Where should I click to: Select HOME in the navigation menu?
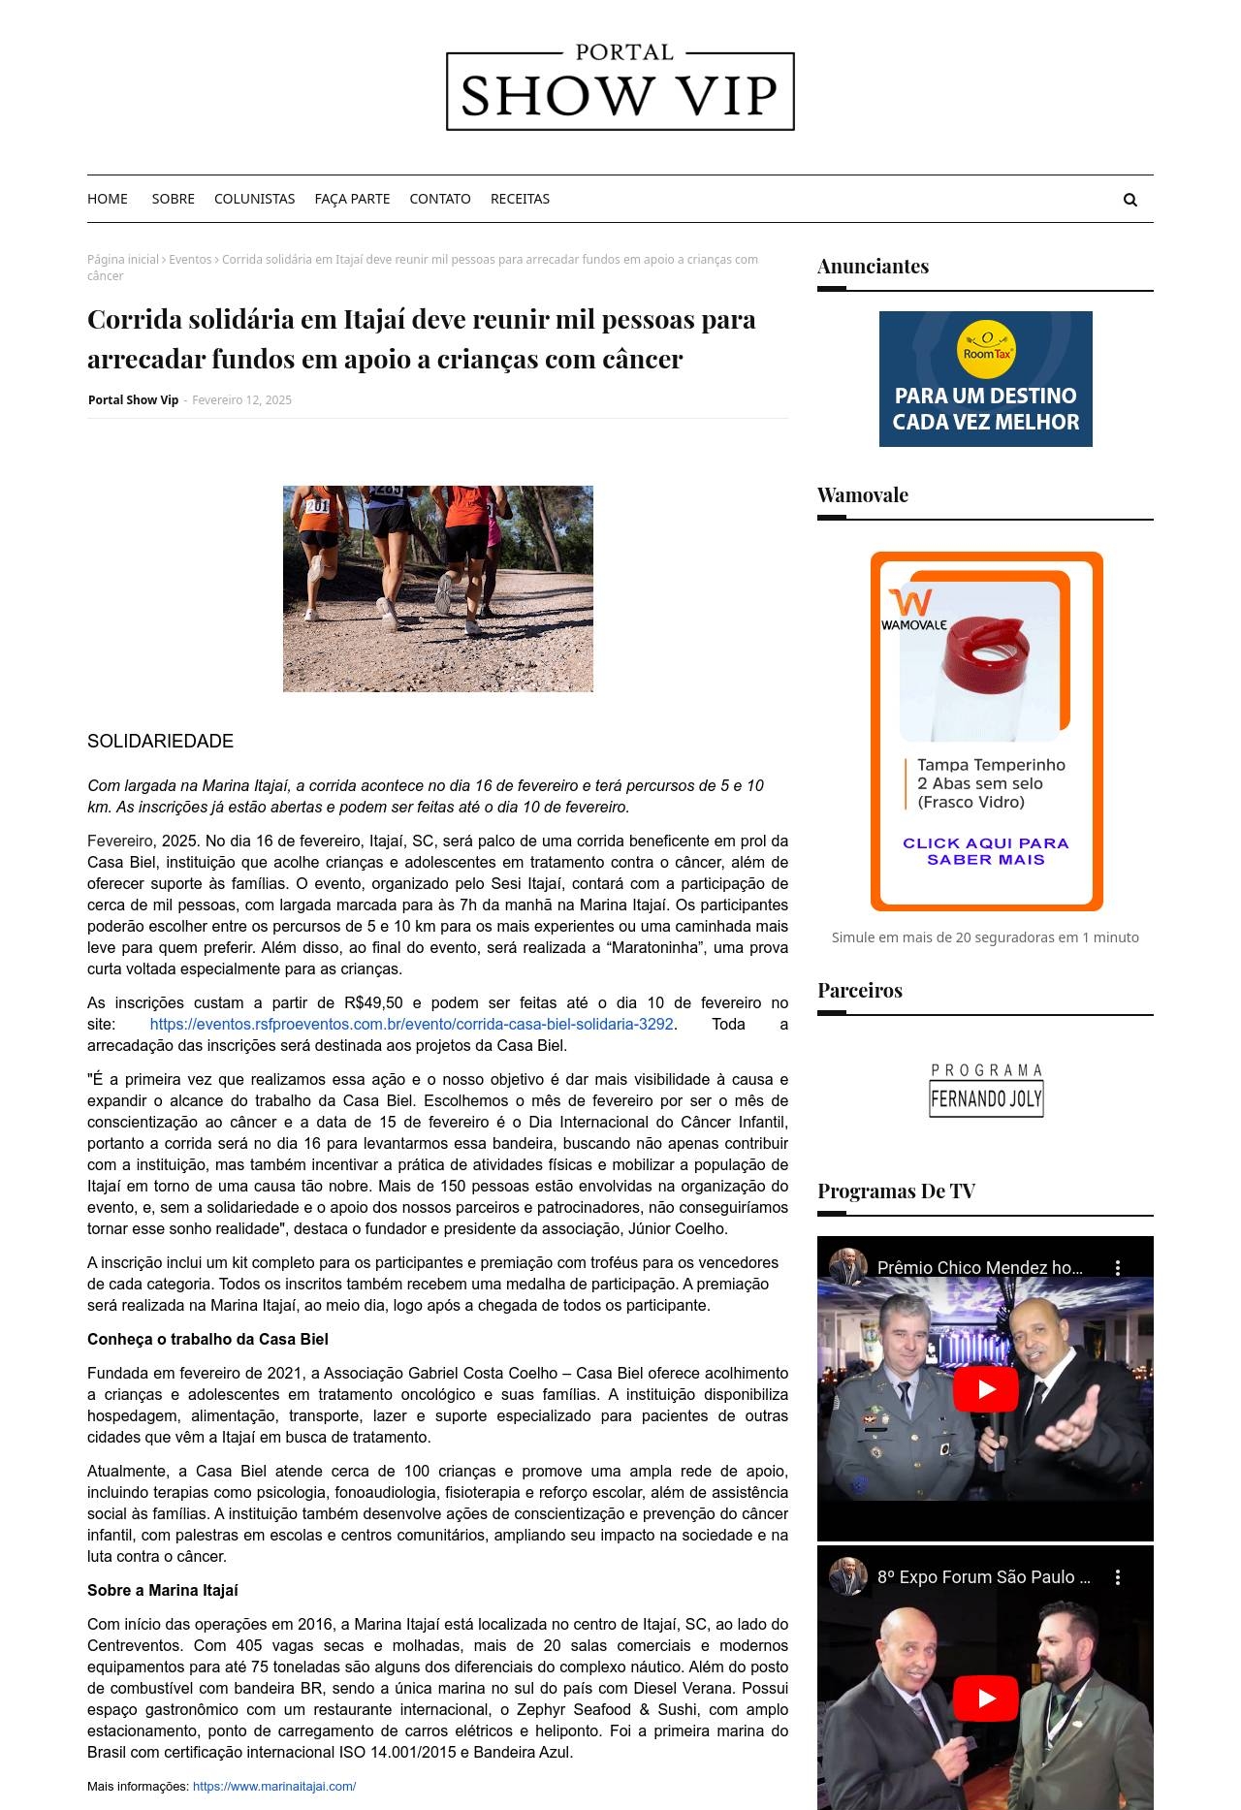coord(108,199)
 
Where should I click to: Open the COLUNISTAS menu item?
coord(254,199)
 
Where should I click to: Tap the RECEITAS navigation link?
coord(520,199)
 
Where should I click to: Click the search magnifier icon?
coord(1130,200)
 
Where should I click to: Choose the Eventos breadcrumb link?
coord(190,260)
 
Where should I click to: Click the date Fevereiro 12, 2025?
coord(241,400)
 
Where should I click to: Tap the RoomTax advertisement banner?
coord(985,379)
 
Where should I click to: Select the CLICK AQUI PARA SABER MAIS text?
coord(985,851)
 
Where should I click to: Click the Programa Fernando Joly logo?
coord(986,1091)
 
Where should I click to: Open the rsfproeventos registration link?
coord(411,1025)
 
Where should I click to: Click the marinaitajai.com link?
coord(274,1787)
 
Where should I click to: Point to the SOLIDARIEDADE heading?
coord(160,742)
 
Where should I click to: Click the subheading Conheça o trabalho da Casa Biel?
coord(207,1340)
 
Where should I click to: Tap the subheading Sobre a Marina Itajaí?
coord(162,1591)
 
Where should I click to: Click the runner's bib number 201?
coord(317,506)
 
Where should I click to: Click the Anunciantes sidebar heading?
coord(873,267)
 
